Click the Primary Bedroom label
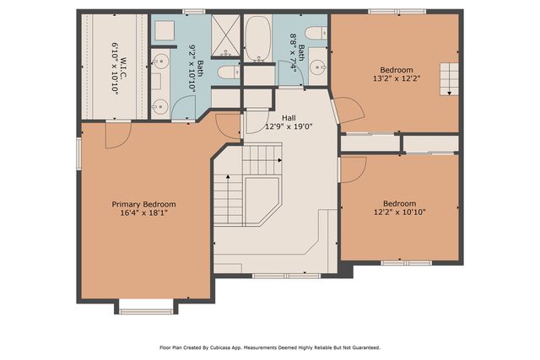point(144,204)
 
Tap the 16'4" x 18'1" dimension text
point(144,213)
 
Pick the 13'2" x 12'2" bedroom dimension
point(396,78)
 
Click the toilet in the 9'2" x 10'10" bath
point(226,73)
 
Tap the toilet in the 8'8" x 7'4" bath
point(315,34)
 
